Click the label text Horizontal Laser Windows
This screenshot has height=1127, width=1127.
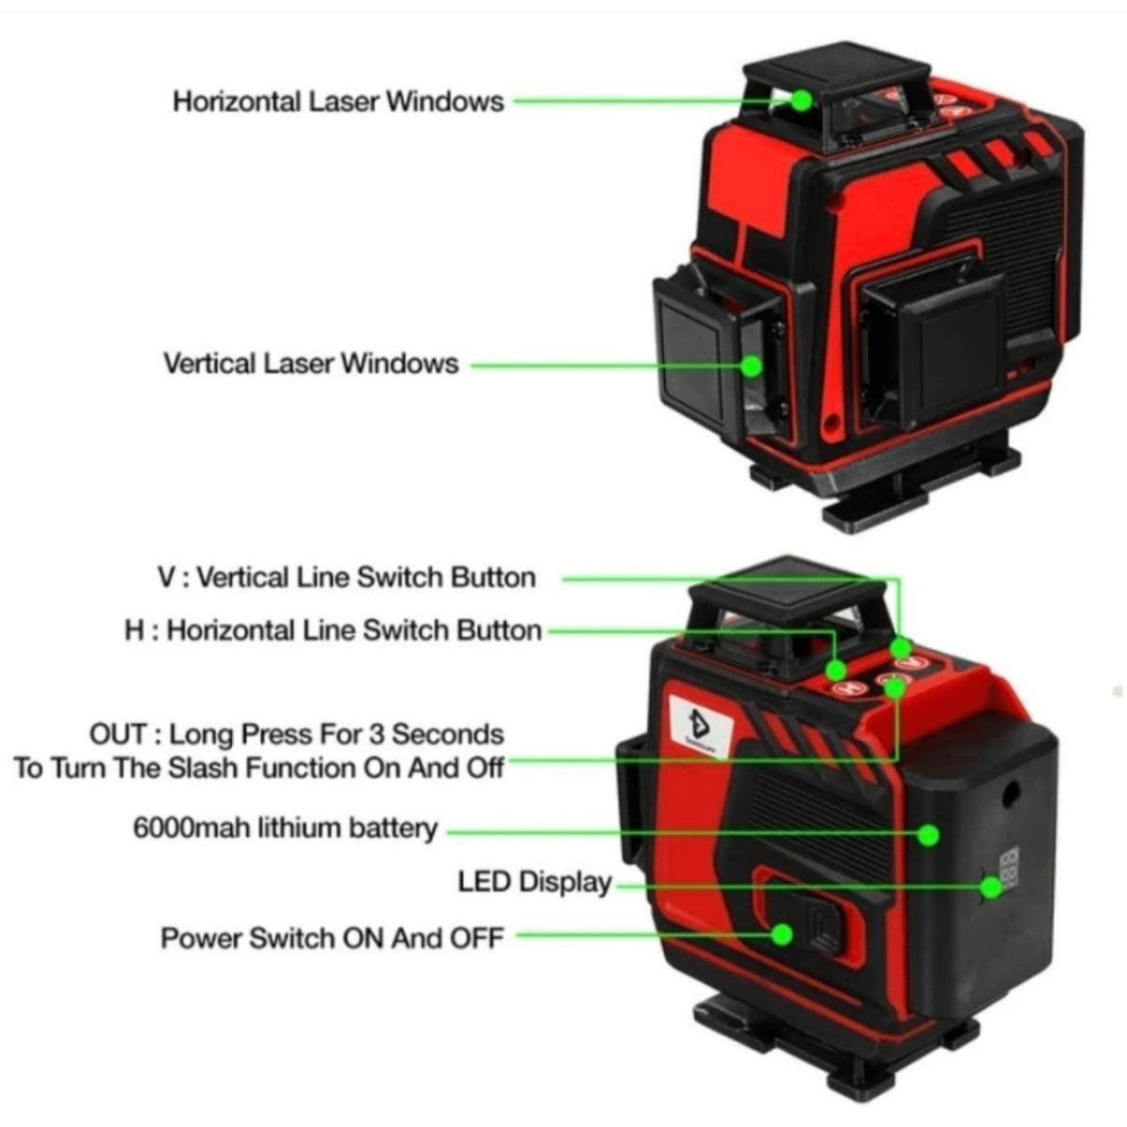tap(338, 101)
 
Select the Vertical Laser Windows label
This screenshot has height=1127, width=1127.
tap(311, 363)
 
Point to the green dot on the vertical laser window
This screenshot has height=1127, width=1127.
tap(751, 366)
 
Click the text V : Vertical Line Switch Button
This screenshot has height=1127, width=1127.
tap(347, 578)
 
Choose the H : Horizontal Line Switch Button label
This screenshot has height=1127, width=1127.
tap(333, 630)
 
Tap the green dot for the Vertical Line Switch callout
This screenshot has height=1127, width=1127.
tap(902, 647)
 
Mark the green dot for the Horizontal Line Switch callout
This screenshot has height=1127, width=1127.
tap(836, 669)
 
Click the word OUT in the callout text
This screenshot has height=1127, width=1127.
tap(118, 734)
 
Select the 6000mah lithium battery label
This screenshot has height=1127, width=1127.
tap(286, 828)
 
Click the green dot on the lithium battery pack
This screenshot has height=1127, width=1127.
tap(928, 835)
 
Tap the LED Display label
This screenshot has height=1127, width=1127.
tap(534, 883)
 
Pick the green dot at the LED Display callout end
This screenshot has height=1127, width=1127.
tap(992, 888)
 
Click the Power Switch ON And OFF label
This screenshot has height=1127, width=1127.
tap(332, 938)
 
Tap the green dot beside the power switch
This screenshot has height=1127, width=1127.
tap(781, 934)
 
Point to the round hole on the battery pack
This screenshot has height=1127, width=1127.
tap(1011, 795)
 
